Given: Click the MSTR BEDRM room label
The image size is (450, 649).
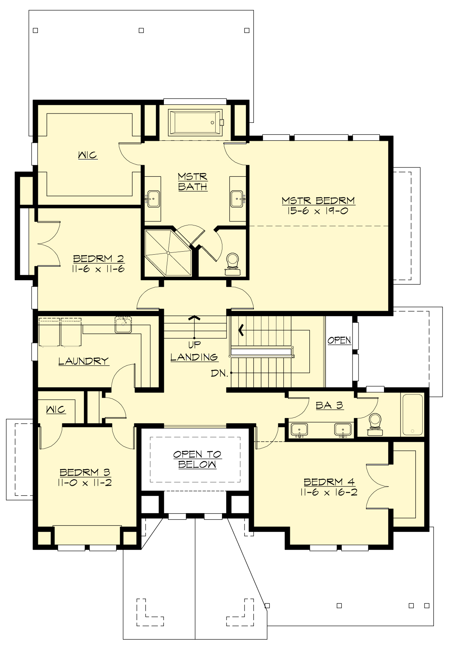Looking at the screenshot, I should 318,201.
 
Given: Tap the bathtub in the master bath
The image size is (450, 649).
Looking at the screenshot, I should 195,122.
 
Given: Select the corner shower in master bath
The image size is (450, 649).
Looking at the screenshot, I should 168,253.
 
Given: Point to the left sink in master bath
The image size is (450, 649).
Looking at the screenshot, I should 153,198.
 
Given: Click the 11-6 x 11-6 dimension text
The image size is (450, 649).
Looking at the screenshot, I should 99,269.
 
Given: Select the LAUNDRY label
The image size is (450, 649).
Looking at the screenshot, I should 83,361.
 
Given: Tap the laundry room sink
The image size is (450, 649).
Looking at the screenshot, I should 123,325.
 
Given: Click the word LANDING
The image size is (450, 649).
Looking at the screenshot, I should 194,357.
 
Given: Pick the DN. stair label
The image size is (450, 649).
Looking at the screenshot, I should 219,373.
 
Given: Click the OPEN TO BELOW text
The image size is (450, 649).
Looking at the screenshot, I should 197,459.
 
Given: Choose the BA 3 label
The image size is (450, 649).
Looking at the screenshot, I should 329,405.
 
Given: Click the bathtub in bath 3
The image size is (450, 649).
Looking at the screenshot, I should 412,415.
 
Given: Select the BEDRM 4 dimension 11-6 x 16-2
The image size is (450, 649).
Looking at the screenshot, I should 328,492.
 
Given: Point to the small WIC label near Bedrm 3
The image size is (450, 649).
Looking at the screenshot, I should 55,410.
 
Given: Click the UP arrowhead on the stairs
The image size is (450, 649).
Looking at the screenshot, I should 194,318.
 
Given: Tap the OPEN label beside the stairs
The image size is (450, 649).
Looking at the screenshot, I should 339,340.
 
